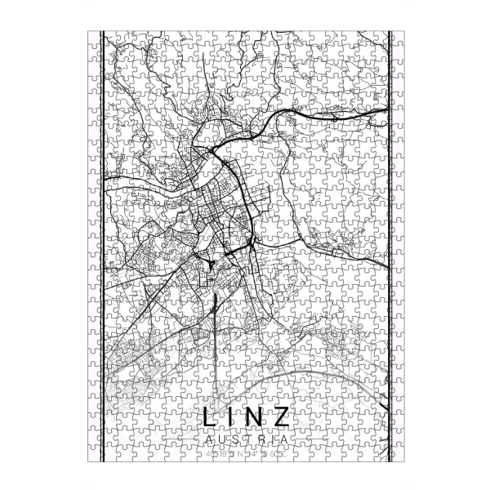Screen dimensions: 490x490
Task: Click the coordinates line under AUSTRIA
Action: pyautogui.click(x=244, y=452)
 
